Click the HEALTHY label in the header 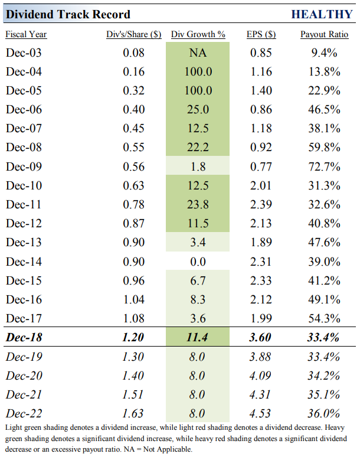(322, 14)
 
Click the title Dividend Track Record (68, 14)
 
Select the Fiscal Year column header (26, 34)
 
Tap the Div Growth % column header (198, 34)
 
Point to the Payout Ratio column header (324, 34)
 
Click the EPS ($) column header (261, 34)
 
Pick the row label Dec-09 (25, 167)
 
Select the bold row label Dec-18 (25, 337)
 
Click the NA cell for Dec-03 (198, 53)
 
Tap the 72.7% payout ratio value (324, 167)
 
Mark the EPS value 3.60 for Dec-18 (261, 337)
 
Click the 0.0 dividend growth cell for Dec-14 (198, 262)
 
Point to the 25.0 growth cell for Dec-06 (198, 110)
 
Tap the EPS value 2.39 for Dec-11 (261, 204)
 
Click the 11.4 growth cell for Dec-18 (198, 337)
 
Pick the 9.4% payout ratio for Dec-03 (324, 53)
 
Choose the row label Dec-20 (25, 375)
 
